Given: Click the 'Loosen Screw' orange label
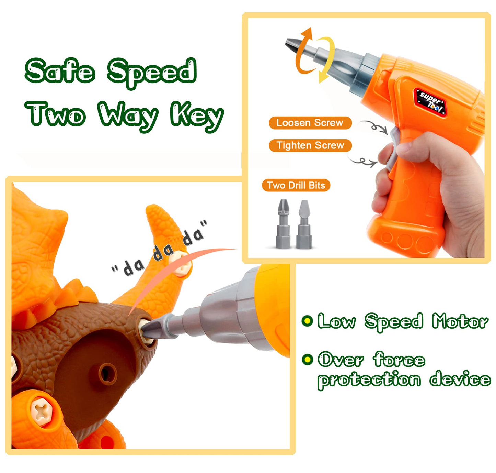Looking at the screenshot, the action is pyautogui.click(x=310, y=123).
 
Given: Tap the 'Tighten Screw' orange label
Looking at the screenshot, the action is pyautogui.click(x=310, y=145).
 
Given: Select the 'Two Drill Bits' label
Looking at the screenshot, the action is pyautogui.click(x=296, y=185).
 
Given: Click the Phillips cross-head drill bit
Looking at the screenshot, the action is pyautogui.click(x=283, y=224).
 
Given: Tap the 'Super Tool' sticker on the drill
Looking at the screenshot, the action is pyautogui.click(x=430, y=101).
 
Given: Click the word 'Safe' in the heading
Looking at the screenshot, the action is pyautogui.click(x=60, y=71).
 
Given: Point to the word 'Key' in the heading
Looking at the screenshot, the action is pyautogui.click(x=197, y=116).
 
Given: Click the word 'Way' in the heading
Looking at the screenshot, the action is pyautogui.click(x=128, y=116).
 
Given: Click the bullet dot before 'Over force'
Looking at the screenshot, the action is pyautogui.click(x=307, y=359).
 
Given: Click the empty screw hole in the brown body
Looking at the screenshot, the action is pyautogui.click(x=107, y=373).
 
